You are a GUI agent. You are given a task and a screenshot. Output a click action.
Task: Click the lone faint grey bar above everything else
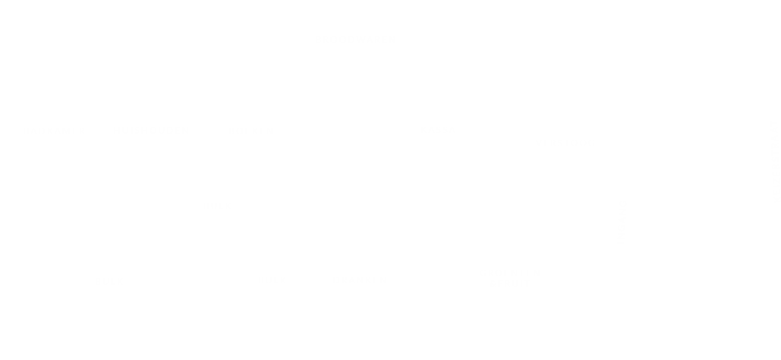point(355,40)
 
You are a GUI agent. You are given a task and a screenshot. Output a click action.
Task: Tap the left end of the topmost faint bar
point(317,40)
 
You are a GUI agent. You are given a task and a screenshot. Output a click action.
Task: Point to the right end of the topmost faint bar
point(393,40)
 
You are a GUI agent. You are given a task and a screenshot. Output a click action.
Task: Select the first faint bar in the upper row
point(55,129)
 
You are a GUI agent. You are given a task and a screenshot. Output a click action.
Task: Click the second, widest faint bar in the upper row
point(150,129)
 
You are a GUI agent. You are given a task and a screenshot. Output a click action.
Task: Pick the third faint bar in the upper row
point(250,129)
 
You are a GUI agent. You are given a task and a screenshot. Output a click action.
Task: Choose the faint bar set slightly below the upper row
point(565,142)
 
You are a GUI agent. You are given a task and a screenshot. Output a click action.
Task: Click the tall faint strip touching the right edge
point(775,160)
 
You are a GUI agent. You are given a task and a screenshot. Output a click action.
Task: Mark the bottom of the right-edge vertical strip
point(775,198)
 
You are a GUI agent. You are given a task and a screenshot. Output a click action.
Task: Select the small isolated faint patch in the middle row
point(218,206)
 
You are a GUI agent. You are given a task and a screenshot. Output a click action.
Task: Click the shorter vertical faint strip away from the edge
point(623,221)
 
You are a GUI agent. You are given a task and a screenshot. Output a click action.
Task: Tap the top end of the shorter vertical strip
point(623,201)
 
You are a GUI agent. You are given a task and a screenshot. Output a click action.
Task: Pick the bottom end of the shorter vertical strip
point(623,241)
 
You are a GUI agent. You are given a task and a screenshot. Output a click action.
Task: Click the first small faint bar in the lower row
point(109,280)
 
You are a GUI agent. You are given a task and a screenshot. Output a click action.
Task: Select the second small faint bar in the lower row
point(273,280)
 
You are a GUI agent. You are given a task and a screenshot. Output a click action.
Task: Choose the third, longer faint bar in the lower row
point(359,280)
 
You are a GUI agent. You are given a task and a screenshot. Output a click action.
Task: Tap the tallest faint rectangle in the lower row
point(509,278)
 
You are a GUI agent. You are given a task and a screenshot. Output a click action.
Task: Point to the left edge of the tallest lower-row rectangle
point(481,278)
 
